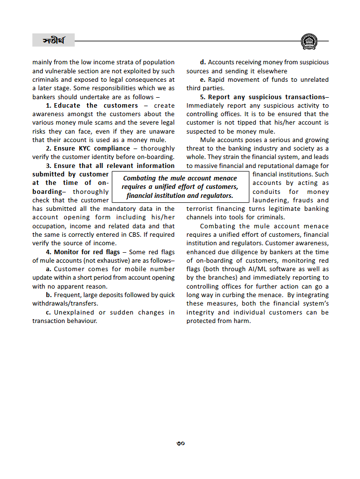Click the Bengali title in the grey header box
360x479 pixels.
[x=53, y=40]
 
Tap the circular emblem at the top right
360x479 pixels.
[x=309, y=41]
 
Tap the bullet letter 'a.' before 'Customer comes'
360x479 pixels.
[x=48, y=269]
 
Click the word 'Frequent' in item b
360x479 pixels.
[x=67, y=295]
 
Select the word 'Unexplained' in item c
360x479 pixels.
[x=74, y=313]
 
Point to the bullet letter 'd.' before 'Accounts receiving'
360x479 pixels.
[x=203, y=62]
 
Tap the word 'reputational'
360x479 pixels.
[x=282, y=166]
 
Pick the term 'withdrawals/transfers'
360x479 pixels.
[x=65, y=304]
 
